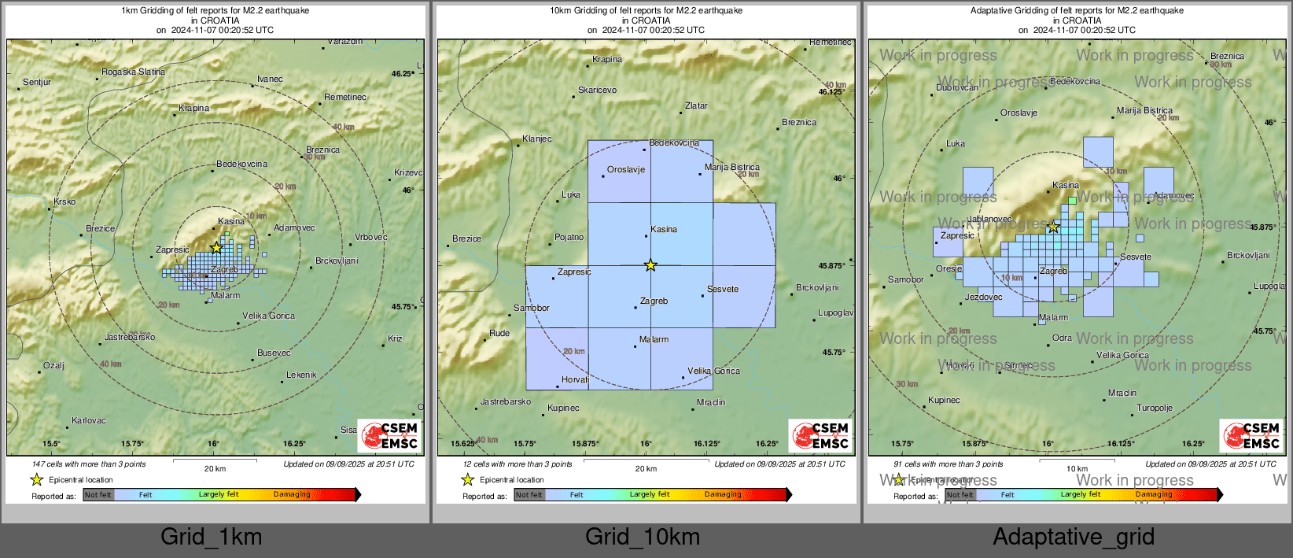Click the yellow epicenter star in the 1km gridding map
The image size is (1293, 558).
tap(216, 247)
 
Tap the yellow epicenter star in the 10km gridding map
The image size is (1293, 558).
tap(650, 265)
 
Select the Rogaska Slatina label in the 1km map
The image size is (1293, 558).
tap(133, 72)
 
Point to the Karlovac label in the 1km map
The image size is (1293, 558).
tap(88, 420)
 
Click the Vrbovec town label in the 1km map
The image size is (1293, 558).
tap(370, 237)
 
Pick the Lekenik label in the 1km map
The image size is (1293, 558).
tap(301, 375)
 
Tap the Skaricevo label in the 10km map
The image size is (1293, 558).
tap(597, 90)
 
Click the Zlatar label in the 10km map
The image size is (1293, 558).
tap(696, 105)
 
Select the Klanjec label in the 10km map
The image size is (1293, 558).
tap(536, 139)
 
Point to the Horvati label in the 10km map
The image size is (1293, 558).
tap(575, 379)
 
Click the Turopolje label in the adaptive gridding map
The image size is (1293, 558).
tap(1154, 408)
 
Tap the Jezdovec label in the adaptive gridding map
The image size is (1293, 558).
tap(983, 297)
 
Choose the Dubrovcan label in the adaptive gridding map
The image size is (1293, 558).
tap(957, 87)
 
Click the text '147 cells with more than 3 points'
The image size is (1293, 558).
tap(89, 464)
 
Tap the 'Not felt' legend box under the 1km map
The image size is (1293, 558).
tap(98, 494)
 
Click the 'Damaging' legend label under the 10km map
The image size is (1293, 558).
tap(723, 494)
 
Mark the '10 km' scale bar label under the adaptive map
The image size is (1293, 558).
tap(1077, 468)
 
